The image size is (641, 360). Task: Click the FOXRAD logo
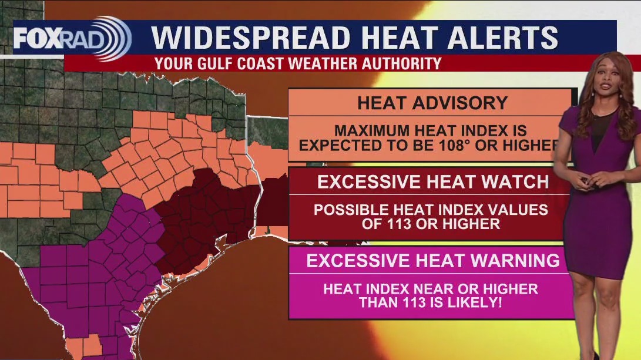tap(71, 39)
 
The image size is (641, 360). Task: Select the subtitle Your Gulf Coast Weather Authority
tap(298, 63)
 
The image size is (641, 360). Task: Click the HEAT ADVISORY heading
tap(432, 103)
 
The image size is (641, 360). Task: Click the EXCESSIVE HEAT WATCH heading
tap(433, 181)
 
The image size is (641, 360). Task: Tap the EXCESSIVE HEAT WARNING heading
tap(433, 260)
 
